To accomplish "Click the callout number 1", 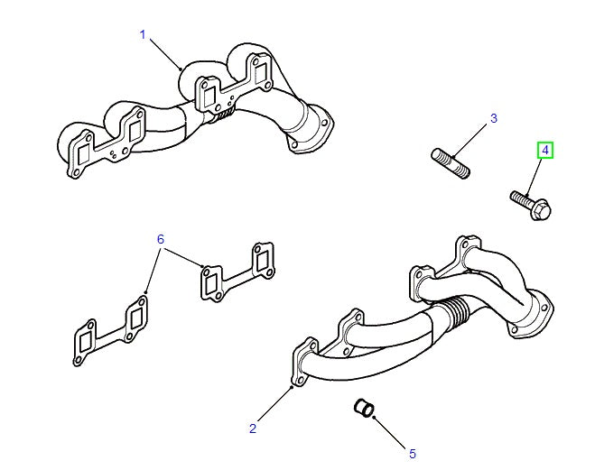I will (142, 34).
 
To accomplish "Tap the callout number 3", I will (494, 118).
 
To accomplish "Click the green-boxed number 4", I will (545, 150).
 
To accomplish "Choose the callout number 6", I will (161, 239).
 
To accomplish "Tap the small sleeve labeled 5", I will (364, 410).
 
